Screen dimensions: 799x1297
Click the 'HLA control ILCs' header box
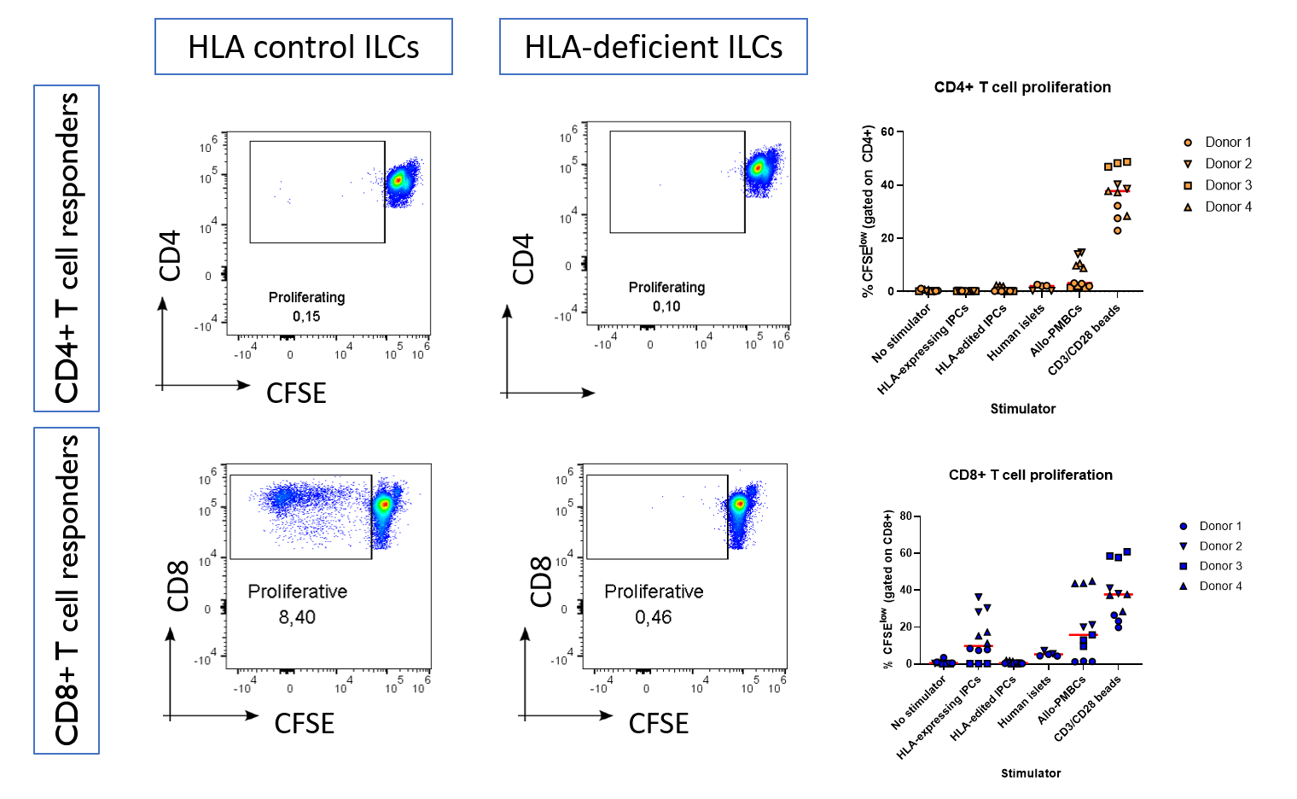coord(303,47)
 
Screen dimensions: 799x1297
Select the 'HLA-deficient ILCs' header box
coord(653,47)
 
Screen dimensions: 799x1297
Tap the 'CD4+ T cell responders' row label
coord(67,248)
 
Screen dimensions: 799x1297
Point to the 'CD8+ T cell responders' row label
coord(67,591)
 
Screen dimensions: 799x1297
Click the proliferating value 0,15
coord(306,317)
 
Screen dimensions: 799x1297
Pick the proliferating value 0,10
coord(666,306)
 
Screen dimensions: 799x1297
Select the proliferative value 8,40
coord(297,617)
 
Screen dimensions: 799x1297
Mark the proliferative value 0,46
coord(653,617)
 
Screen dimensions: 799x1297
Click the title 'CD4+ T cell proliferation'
coord(1022,87)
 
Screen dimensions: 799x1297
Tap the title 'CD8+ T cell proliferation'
coord(1030,475)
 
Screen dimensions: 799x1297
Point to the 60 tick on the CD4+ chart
coord(887,131)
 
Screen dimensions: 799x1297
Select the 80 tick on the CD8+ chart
coord(905,516)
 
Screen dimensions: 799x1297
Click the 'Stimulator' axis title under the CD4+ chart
coord(1022,409)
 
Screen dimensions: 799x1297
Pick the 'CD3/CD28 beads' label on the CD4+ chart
coord(1084,340)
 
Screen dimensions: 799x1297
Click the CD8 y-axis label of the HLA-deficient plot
coord(541,582)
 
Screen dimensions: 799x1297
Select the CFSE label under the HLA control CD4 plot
coord(296,394)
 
